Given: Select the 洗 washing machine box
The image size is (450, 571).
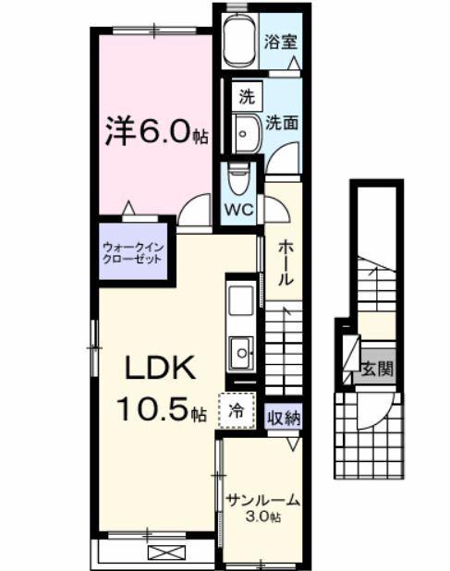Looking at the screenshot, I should [247, 96].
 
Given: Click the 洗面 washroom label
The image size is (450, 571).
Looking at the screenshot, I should [282, 121].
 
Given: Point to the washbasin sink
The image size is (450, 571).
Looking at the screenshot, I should [247, 135].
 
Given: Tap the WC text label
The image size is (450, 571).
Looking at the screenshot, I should [239, 209].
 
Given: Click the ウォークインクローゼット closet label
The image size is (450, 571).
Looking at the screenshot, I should [133, 253].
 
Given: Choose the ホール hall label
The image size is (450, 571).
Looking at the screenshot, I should [286, 262].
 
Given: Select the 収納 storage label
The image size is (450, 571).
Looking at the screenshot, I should [285, 417].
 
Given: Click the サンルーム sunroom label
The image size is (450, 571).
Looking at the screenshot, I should [262, 500].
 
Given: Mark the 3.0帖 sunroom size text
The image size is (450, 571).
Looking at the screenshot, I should [262, 517].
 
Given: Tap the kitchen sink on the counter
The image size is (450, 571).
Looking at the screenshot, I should [241, 352].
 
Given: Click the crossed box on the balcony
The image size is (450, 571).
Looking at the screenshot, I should [166, 553].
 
